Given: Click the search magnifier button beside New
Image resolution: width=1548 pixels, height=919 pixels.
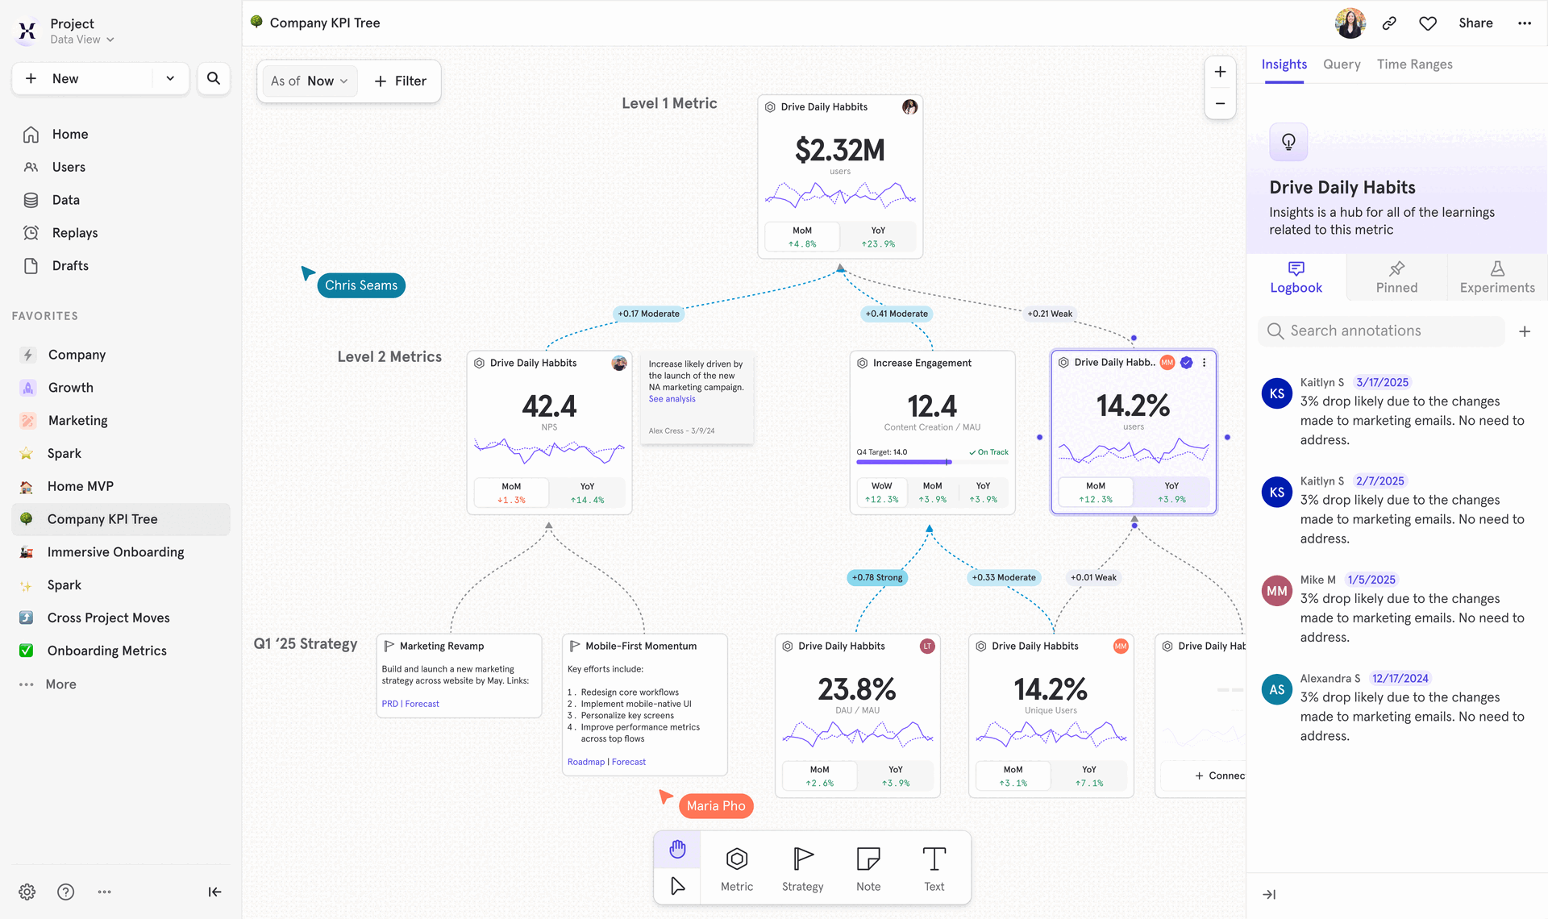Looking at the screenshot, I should coord(214,78).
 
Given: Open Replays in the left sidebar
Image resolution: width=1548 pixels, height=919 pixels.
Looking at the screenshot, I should coord(74,233).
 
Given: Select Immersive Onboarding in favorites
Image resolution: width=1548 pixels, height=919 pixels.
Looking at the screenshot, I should coord(115,552).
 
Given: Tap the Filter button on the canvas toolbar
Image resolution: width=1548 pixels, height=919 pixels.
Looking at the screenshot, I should coord(401,81).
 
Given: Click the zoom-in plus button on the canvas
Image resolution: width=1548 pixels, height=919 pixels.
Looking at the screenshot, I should coord(1220,72).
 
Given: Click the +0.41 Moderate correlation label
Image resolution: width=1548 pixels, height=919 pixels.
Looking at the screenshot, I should coord(897,314).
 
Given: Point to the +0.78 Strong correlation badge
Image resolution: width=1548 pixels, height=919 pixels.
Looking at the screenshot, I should coord(877,577).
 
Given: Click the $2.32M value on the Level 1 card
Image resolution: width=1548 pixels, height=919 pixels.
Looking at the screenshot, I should coord(839,150).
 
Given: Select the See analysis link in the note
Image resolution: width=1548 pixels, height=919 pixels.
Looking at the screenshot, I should coord(672,399).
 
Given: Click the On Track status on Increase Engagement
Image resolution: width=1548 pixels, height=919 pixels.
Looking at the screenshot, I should coord(989,452).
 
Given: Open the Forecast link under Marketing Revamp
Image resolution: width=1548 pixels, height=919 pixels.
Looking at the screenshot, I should coord(422,704).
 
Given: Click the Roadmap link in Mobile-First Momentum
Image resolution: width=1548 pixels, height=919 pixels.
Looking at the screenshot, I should coord(585,762).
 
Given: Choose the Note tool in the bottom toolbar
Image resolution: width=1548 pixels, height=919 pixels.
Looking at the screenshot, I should coord(868,868).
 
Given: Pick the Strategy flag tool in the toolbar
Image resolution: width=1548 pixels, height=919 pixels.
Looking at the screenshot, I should coord(802,868).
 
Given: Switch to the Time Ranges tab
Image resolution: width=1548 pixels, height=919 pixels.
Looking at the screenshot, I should coord(1414,64).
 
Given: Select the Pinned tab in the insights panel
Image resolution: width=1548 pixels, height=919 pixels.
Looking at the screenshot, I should coord(1396,277).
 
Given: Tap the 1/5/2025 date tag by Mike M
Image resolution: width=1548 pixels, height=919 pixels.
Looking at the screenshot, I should coord(1371,580).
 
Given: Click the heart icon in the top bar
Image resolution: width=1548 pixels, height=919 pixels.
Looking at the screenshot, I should coord(1428,23).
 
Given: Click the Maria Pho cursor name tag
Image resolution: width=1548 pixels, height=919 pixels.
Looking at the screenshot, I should coord(716,806).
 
